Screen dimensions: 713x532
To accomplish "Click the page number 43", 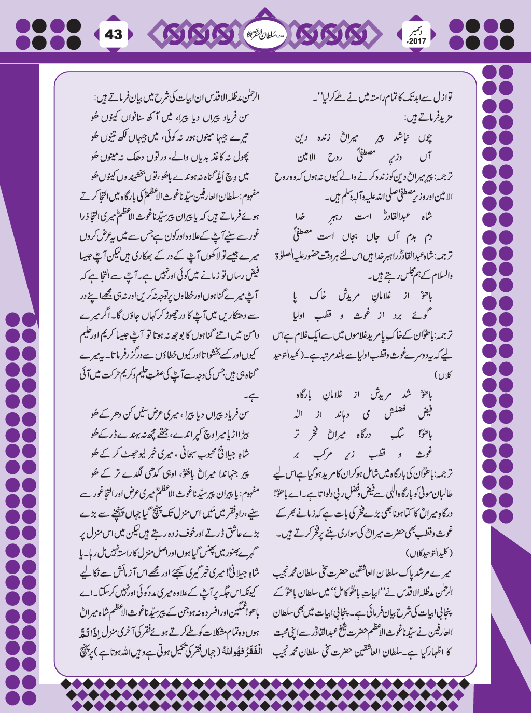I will pos(114,34).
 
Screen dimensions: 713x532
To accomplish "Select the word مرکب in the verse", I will pos(324,454).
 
